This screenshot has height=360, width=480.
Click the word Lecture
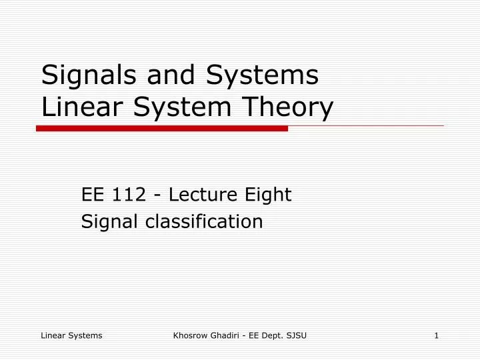201,195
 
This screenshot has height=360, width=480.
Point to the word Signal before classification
107,221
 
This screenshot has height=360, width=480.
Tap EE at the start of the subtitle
91,195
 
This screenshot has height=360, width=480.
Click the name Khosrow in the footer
191,335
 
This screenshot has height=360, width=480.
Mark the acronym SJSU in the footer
295,335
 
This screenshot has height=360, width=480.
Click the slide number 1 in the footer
436,335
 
